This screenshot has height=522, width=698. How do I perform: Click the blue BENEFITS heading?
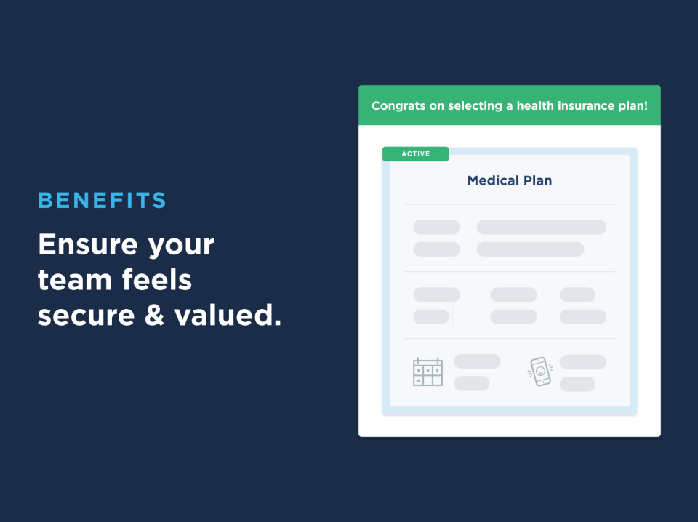(x=102, y=200)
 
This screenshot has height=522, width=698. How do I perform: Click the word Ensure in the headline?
(x=88, y=244)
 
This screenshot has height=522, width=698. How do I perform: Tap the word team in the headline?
(x=75, y=280)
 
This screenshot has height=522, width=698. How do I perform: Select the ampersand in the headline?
(x=154, y=315)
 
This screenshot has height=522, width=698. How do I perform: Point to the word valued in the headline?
(x=228, y=315)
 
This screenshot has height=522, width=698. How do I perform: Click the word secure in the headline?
(x=87, y=316)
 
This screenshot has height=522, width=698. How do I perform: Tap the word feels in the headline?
(x=157, y=279)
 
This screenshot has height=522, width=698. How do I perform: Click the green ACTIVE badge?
(x=416, y=154)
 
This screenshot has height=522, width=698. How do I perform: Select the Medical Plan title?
(x=510, y=181)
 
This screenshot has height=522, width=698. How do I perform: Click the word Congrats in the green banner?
(x=398, y=106)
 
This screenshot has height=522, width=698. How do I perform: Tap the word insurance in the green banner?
(x=586, y=105)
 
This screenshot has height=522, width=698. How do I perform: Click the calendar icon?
(x=428, y=372)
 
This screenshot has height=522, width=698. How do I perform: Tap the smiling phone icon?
(x=540, y=372)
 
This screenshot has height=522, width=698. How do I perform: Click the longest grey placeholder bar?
(x=541, y=227)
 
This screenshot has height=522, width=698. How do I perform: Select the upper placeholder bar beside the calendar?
(x=477, y=361)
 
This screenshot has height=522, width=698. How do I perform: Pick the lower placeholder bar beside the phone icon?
(x=577, y=384)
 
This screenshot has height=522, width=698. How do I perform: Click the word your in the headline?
(x=181, y=246)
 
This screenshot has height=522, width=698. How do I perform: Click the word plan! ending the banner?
(x=633, y=106)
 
